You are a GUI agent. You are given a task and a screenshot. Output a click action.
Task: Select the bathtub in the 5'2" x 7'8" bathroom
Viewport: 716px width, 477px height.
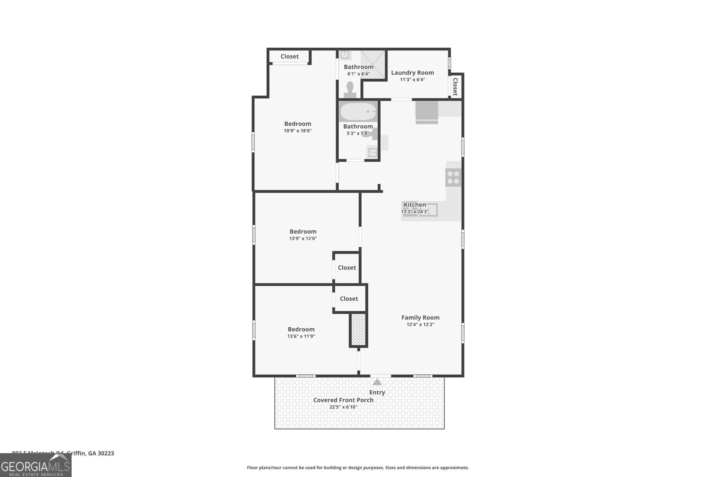click(358, 111)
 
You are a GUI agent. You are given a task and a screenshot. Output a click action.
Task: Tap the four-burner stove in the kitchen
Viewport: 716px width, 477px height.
click(453, 177)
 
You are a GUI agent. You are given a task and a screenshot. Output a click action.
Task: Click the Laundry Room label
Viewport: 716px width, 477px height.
click(412, 72)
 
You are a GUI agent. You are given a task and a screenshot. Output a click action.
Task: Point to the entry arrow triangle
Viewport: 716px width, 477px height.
click(377, 382)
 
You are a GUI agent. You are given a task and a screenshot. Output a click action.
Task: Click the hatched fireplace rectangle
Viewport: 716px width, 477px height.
click(358, 329)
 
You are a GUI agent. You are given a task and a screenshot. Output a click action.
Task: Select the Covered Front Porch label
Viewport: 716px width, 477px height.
click(343, 400)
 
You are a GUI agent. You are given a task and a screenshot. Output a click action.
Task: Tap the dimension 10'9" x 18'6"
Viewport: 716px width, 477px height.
click(298, 131)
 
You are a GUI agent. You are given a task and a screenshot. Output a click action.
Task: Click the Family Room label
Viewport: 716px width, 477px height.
click(420, 317)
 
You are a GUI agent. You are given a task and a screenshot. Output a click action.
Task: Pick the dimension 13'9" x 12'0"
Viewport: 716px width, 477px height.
click(303, 239)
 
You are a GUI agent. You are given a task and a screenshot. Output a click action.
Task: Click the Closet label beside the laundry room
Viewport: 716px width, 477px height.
click(455, 86)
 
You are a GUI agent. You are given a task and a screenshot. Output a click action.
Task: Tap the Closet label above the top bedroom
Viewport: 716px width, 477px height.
click(290, 56)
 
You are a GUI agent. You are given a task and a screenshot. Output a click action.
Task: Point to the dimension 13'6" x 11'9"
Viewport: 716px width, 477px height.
click(301, 336)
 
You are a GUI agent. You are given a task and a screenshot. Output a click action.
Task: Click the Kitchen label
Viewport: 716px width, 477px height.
click(415, 204)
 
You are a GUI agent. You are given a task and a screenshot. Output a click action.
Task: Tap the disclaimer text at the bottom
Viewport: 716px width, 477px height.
click(358, 468)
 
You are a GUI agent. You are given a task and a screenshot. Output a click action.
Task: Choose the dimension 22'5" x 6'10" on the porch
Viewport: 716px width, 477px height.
click(343, 407)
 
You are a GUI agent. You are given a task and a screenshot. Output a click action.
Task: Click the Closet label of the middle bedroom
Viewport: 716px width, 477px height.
click(347, 267)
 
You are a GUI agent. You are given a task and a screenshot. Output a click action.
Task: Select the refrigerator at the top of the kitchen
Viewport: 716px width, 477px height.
click(426, 111)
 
